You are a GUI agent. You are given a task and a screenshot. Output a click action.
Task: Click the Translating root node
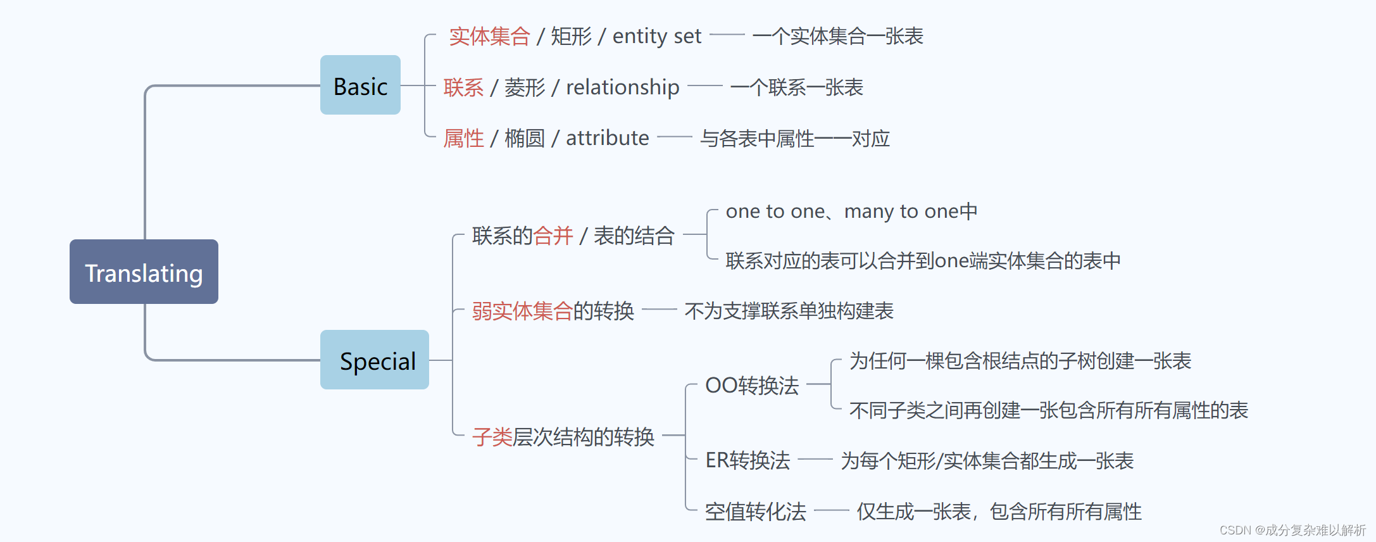pyautogui.click(x=144, y=272)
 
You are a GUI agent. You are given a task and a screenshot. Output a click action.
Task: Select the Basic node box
pyautogui.click(x=360, y=85)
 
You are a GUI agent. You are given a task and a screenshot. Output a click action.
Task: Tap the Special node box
pyautogui.click(x=375, y=360)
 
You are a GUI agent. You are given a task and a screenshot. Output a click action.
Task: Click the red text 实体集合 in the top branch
pyautogui.click(x=489, y=36)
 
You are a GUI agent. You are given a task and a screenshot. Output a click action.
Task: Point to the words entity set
pyautogui.click(x=656, y=36)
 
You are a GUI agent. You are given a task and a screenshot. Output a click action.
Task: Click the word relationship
pyautogui.click(x=622, y=87)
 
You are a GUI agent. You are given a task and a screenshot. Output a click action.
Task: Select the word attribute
pyautogui.click(x=607, y=138)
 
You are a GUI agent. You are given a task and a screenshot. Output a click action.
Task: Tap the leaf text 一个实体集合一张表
pyautogui.click(x=837, y=36)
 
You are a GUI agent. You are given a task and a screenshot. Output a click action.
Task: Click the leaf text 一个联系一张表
pyautogui.click(x=796, y=87)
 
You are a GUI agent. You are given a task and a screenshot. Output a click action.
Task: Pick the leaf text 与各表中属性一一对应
pyautogui.click(x=794, y=139)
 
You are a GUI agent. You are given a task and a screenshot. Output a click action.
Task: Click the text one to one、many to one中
pyautogui.click(x=851, y=211)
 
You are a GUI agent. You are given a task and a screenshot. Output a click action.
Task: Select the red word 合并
pyautogui.click(x=553, y=236)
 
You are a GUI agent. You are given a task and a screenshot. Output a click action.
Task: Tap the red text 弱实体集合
pyautogui.click(x=522, y=311)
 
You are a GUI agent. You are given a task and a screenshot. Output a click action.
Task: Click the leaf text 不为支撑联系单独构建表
pyautogui.click(x=789, y=311)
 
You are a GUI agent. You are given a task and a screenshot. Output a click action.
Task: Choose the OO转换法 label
pyautogui.click(x=752, y=385)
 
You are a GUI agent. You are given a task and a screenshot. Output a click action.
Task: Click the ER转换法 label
pyautogui.click(x=747, y=460)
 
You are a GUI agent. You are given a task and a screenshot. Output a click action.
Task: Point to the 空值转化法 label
pyautogui.click(x=755, y=511)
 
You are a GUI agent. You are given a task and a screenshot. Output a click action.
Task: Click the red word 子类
pyautogui.click(x=492, y=436)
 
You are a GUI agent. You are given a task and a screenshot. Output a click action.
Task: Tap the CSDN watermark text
pyautogui.click(x=1292, y=530)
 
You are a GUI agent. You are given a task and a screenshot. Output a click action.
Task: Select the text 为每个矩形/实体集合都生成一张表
pyautogui.click(x=987, y=460)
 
